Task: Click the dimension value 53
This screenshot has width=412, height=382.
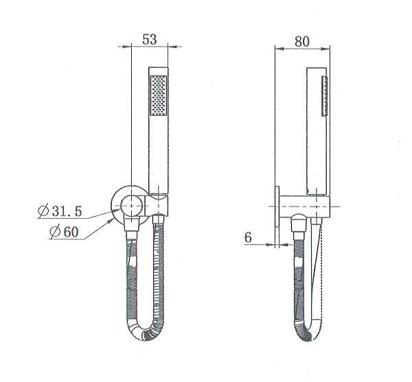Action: click(150, 40)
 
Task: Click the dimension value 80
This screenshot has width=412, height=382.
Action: click(302, 41)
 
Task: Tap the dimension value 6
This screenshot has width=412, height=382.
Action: click(249, 237)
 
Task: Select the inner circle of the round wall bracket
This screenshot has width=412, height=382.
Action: click(130, 203)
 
